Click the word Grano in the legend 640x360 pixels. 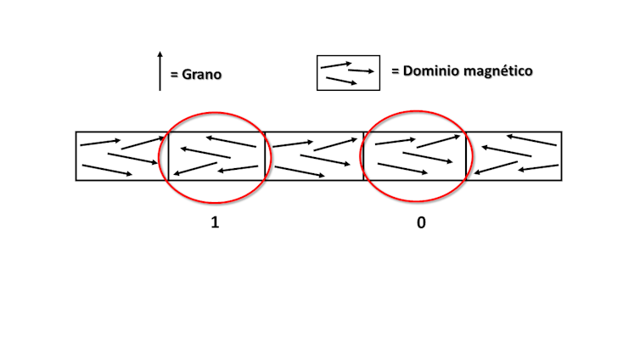[x=202, y=74]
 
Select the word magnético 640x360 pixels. [x=499, y=71]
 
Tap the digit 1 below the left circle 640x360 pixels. [x=215, y=222]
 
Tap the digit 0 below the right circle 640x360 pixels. [x=421, y=222]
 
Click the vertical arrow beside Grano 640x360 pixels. [x=160, y=71]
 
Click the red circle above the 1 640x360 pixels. [x=215, y=113]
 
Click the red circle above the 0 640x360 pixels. [x=416, y=111]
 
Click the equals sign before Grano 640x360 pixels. [x=174, y=75]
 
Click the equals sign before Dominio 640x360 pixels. [x=395, y=71]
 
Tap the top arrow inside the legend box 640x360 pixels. [x=336, y=65]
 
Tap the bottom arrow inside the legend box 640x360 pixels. [x=341, y=81]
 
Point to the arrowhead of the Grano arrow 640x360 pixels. [x=160, y=53]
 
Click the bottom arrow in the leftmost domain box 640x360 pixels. [x=107, y=170]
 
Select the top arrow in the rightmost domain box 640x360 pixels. [x=531, y=140]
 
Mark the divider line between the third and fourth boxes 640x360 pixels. [x=363, y=156]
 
